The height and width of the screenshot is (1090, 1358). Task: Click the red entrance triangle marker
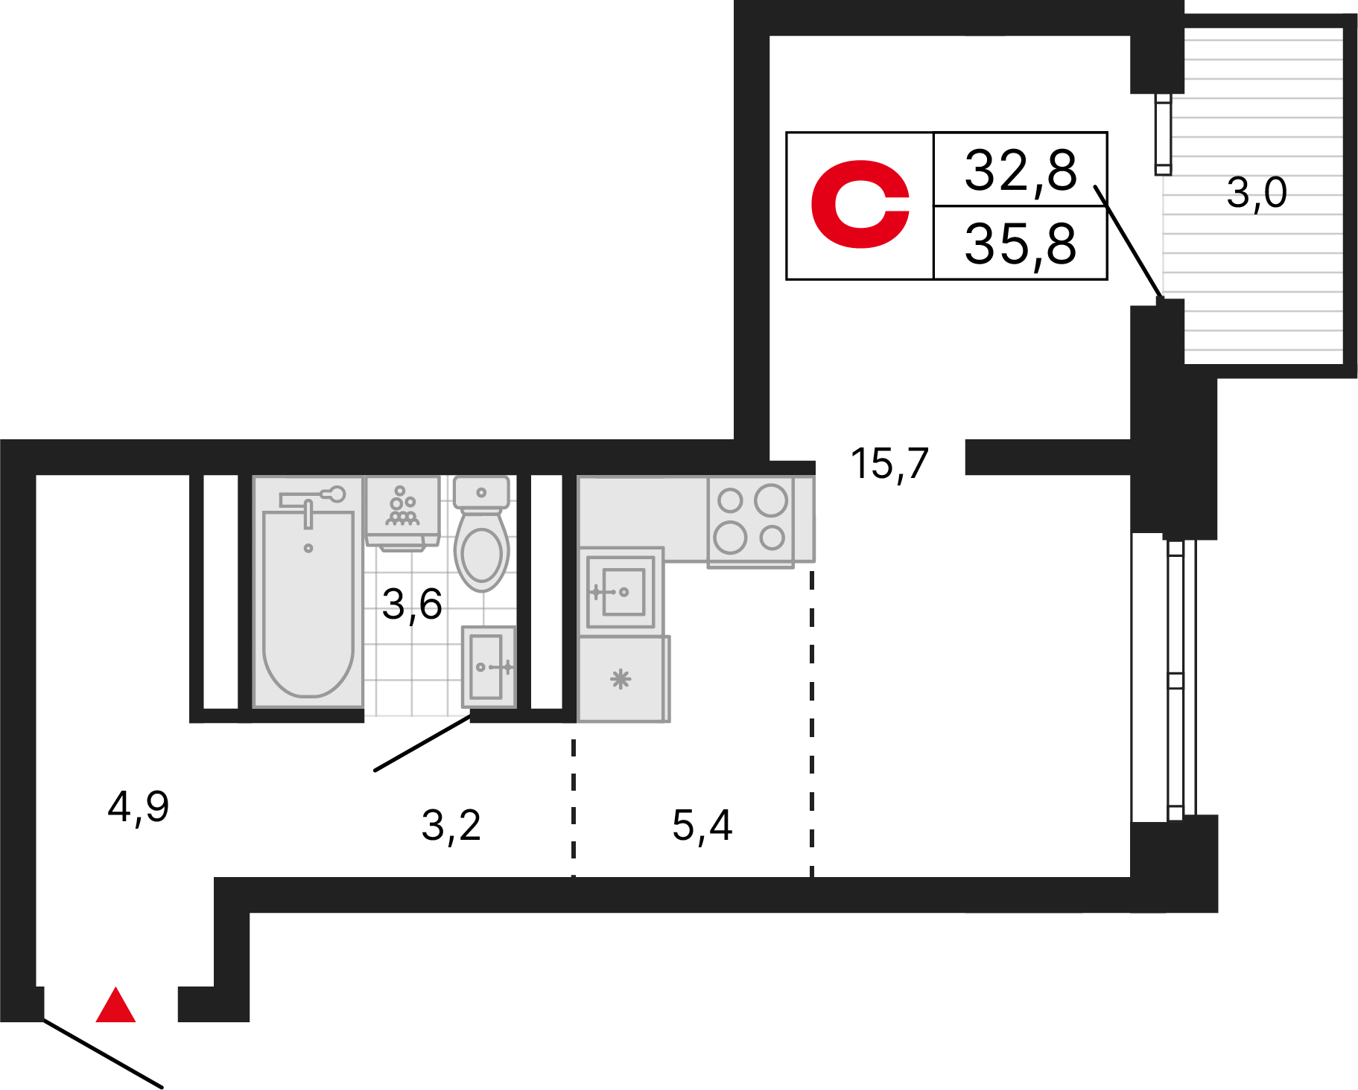point(115,1006)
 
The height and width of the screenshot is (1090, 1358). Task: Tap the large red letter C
point(860,203)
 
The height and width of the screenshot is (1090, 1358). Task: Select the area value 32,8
point(1021,170)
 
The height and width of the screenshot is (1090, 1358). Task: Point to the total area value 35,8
point(1021,243)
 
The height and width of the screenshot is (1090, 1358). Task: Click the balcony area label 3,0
point(1257,193)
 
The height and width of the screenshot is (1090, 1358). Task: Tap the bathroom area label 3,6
point(412,604)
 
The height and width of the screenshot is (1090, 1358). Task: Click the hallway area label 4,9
point(139,806)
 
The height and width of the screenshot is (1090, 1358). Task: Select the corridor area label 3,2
point(451,826)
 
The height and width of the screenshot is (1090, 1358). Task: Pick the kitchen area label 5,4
point(702,826)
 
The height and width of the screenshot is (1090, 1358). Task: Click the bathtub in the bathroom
point(308,592)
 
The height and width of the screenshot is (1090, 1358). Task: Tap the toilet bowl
point(482,534)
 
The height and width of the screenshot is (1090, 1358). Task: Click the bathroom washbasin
point(488,667)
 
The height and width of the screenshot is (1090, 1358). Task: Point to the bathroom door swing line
point(422,743)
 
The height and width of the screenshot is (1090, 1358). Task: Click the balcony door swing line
point(1128,243)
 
